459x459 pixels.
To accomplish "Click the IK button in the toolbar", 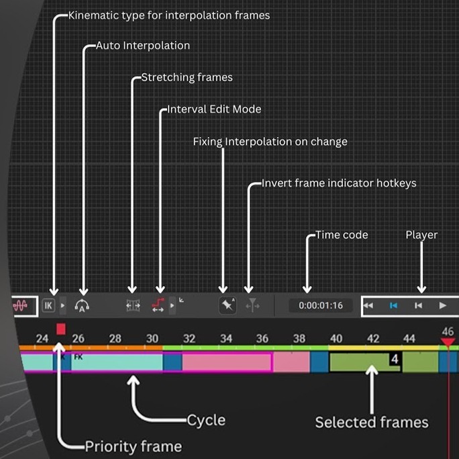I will point(48,305).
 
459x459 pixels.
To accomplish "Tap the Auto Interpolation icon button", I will point(83,306).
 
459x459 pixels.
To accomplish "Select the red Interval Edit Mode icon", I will point(159,305).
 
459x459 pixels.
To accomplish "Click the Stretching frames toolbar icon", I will point(133,305).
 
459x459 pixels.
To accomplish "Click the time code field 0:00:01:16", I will point(321,305).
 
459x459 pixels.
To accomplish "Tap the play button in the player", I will point(442,305).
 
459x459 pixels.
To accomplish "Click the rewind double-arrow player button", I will point(368,305).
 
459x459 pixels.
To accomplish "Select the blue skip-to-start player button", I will point(394,305).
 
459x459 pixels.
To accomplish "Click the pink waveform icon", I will point(21,305).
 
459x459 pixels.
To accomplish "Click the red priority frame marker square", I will point(61,329).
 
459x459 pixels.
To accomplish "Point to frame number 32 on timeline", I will point(189,339).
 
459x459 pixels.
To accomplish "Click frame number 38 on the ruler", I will point(299,339).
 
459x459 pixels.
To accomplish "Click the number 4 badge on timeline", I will point(395,359).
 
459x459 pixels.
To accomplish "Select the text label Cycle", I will point(206,421).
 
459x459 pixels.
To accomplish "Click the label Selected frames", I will point(372,422).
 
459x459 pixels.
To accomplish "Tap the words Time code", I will point(342,235).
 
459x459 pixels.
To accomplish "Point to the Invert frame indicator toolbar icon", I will point(252,306).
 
